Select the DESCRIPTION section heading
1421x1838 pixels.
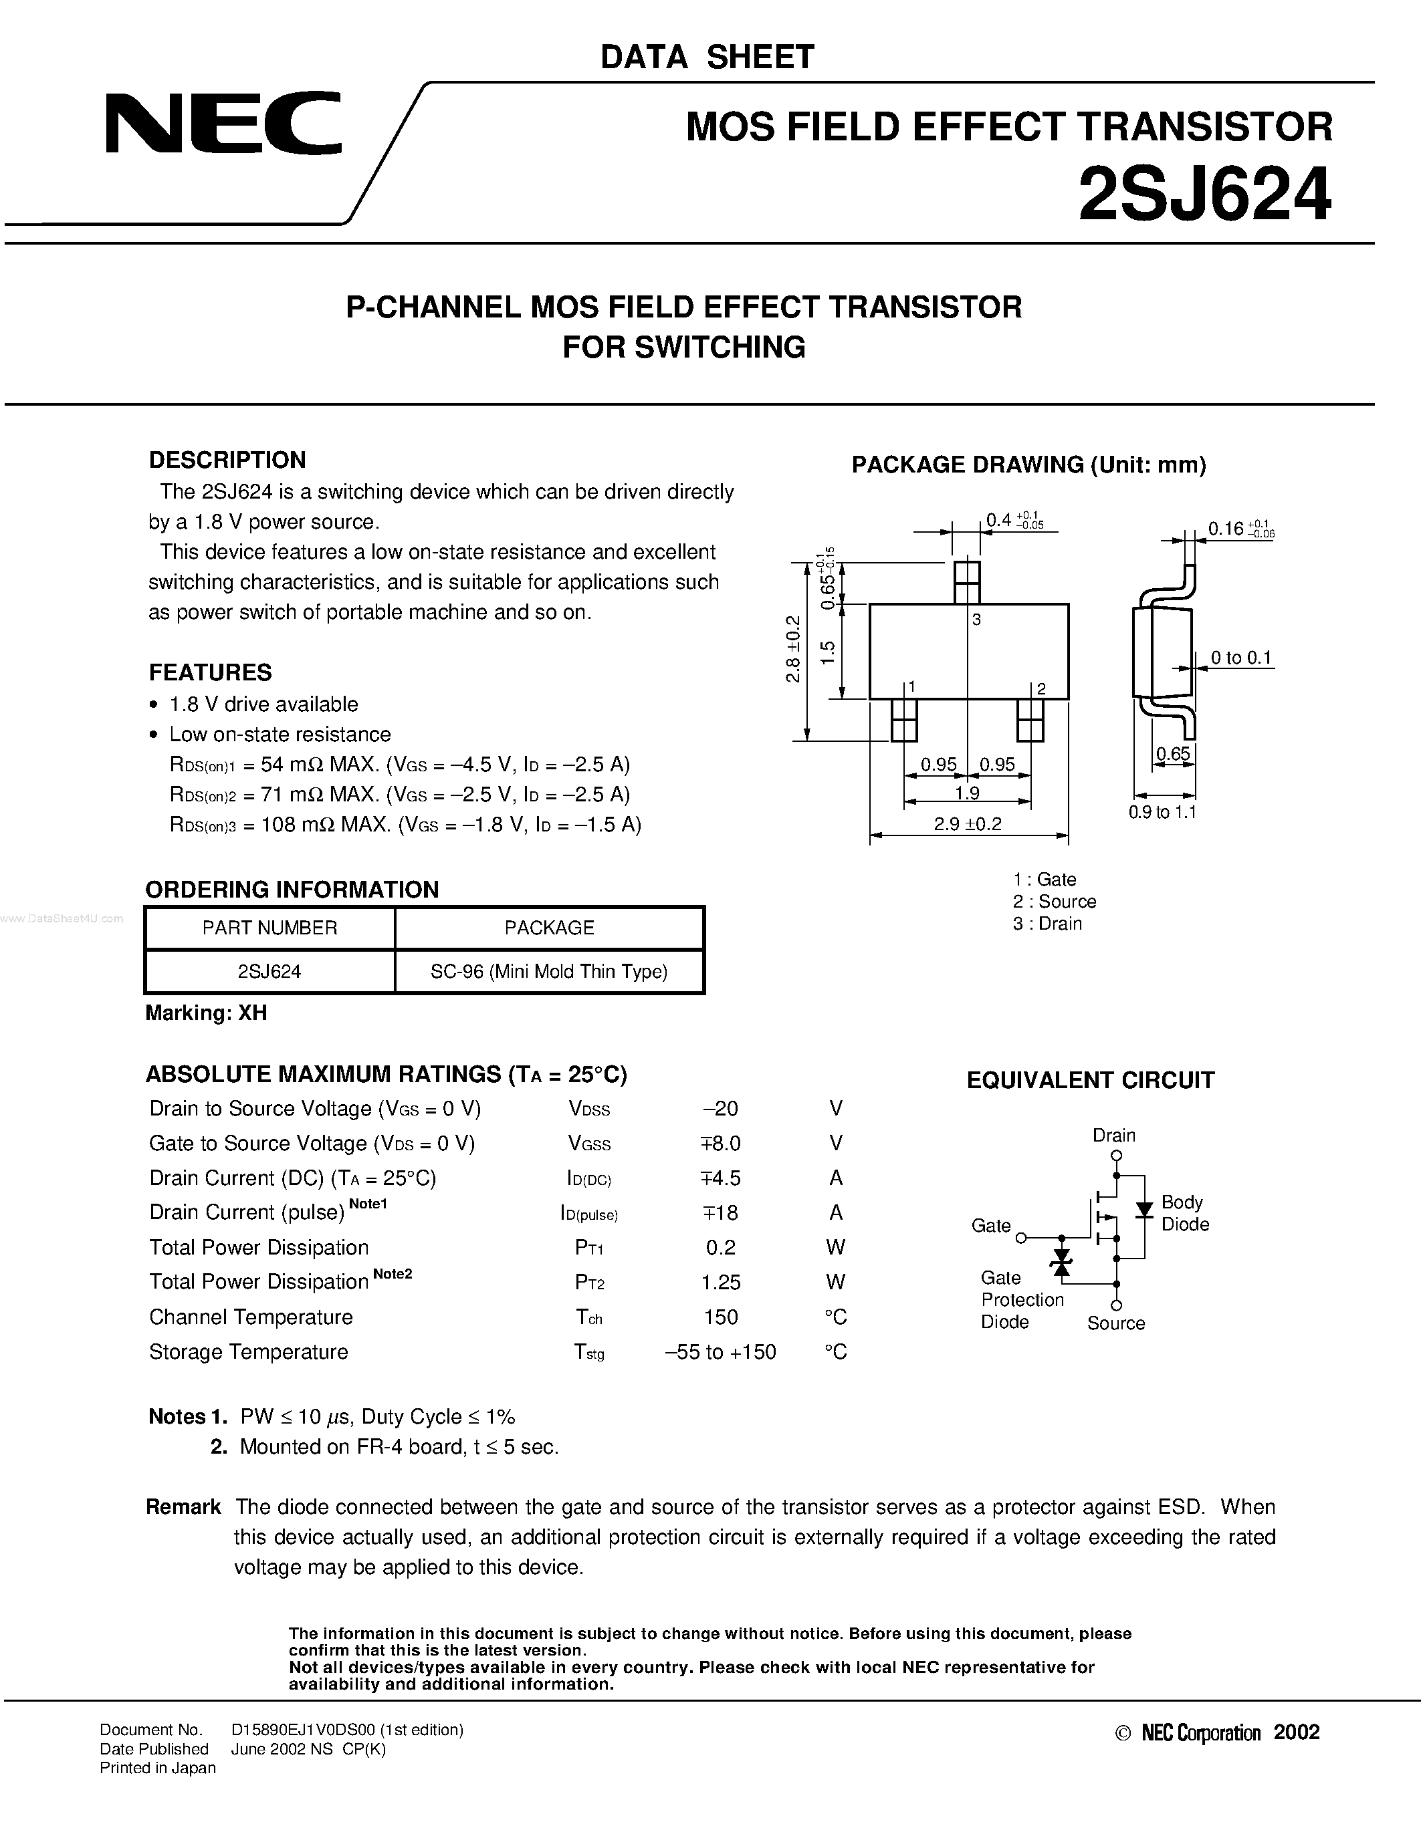pyautogui.click(x=227, y=460)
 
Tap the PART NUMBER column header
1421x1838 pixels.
pyautogui.click(x=269, y=928)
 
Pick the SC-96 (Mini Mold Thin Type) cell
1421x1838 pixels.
pyautogui.click(x=549, y=971)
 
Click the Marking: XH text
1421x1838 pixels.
pyautogui.click(x=206, y=1013)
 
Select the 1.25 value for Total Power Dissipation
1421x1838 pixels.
pyautogui.click(x=721, y=1282)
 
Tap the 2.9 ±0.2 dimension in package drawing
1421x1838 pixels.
pyautogui.click(x=968, y=824)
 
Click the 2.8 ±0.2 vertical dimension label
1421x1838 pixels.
pyautogui.click(x=793, y=649)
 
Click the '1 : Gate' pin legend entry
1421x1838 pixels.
pyautogui.click(x=1045, y=880)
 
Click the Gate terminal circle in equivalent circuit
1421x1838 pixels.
pyautogui.click(x=1021, y=1238)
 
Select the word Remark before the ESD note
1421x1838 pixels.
pyautogui.click(x=183, y=1506)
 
